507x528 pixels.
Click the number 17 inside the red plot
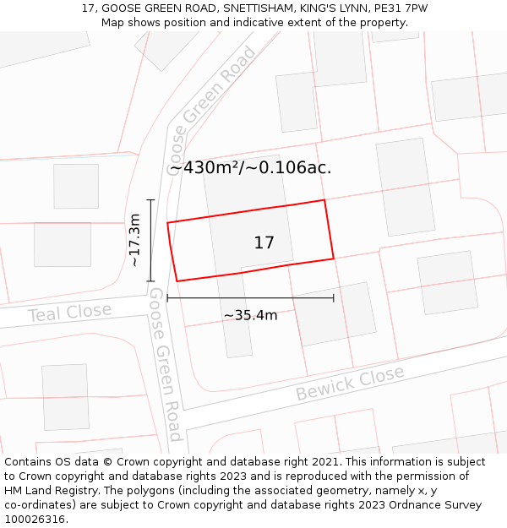tap(264, 243)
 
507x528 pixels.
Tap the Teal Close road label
tap(69, 313)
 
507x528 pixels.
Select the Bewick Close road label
tap(349, 383)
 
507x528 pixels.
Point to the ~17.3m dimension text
tap(134, 241)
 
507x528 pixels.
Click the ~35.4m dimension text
tap(250, 316)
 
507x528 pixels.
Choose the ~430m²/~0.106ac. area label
tap(250, 168)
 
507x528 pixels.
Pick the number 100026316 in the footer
tap(35, 520)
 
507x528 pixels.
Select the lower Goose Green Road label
tap(166, 363)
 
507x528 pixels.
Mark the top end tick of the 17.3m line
tap(150, 200)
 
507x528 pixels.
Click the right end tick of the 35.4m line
tap(334, 297)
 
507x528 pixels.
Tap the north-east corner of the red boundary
tap(324, 200)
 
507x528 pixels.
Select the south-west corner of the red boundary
tap(177, 280)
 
